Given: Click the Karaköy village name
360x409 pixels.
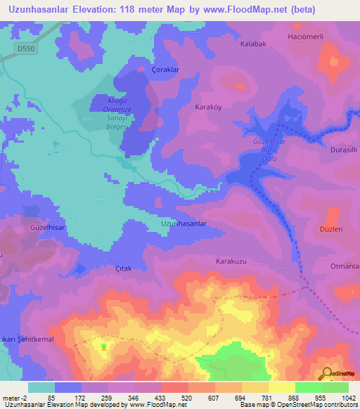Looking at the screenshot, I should (208, 108).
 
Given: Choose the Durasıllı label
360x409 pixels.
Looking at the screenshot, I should (345, 150).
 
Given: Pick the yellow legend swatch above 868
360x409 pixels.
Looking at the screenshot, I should (281, 387).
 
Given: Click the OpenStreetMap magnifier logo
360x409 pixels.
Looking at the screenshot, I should (327, 374).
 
